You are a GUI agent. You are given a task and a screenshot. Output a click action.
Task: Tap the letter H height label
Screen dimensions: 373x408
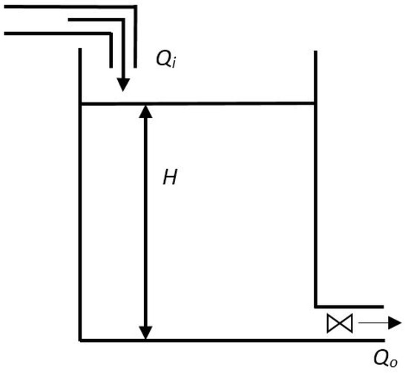[x=170, y=178]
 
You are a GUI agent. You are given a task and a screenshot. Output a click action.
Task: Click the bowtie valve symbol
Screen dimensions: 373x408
[x=340, y=323]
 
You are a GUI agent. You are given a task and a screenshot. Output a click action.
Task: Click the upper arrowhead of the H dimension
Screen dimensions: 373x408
[x=145, y=112]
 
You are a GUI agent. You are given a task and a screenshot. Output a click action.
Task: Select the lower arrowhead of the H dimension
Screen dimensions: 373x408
[x=145, y=331]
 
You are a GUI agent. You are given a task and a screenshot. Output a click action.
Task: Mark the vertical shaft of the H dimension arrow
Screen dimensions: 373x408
[x=145, y=222]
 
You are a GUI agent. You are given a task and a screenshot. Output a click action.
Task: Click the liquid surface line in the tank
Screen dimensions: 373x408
[x=223, y=104]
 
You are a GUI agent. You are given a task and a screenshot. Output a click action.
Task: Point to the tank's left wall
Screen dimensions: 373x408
[x=79, y=222]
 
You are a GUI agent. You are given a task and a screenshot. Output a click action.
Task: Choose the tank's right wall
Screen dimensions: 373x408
[x=315, y=185]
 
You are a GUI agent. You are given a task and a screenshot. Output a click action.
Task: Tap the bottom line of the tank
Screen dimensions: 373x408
[x=223, y=340]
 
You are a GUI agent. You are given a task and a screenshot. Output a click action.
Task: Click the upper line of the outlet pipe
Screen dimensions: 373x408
[x=349, y=306]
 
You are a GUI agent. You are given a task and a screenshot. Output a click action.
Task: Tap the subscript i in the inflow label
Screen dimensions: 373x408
[x=174, y=64]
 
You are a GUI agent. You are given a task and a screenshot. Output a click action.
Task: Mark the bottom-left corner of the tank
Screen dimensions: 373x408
[x=80, y=340]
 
